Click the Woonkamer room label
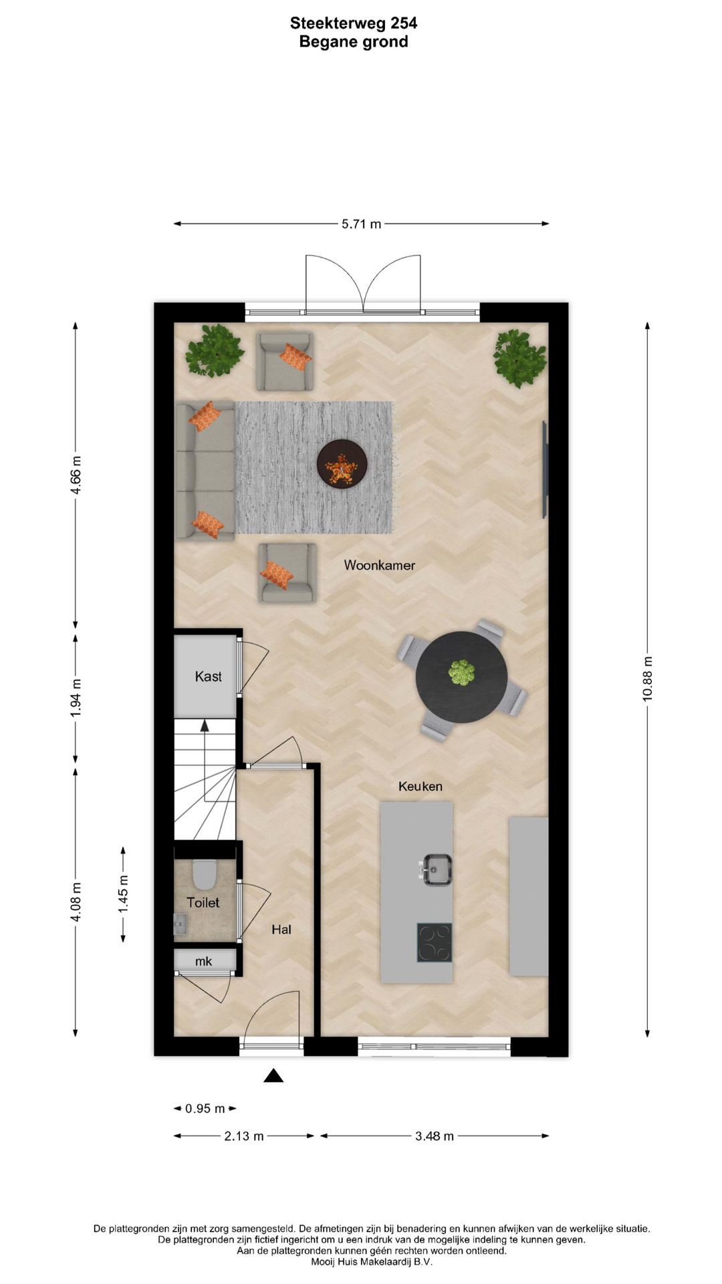(379, 565)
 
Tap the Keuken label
(420, 786)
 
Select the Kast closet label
(208, 677)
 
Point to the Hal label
(281, 930)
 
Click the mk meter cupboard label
(203, 962)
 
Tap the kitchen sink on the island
(436, 869)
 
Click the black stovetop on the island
(435, 943)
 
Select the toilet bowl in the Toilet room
(204, 873)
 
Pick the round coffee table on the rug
(342, 463)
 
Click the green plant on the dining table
(461, 673)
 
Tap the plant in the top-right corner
(520, 358)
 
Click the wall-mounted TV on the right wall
(545, 469)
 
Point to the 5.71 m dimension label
(361, 225)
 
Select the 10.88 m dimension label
(647, 679)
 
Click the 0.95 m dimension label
(205, 1109)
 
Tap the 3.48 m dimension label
(435, 1136)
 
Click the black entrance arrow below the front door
(273, 1075)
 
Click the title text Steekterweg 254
(354, 23)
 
